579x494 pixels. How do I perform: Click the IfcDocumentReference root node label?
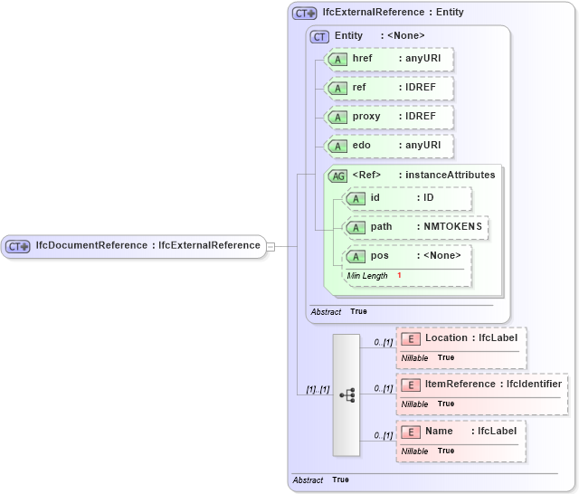(x=147, y=246)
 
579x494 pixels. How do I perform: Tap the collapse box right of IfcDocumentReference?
(x=271, y=246)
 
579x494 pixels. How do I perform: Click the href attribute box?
(x=389, y=59)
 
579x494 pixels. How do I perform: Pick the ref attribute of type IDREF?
(x=389, y=88)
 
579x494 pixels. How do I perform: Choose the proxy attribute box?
(x=389, y=117)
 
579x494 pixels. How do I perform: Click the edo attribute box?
(x=389, y=146)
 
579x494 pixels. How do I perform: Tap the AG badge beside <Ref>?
(x=337, y=176)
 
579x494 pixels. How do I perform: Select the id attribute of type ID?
(x=407, y=198)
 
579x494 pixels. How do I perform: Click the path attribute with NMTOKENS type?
(x=416, y=226)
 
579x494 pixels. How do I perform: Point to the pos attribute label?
(x=379, y=255)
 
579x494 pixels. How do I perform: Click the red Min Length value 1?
(x=399, y=275)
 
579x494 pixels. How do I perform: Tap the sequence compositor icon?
(x=346, y=395)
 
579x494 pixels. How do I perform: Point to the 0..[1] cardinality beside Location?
(x=383, y=342)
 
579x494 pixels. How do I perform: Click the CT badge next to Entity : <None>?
(x=319, y=36)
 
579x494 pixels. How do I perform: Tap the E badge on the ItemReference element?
(x=410, y=385)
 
